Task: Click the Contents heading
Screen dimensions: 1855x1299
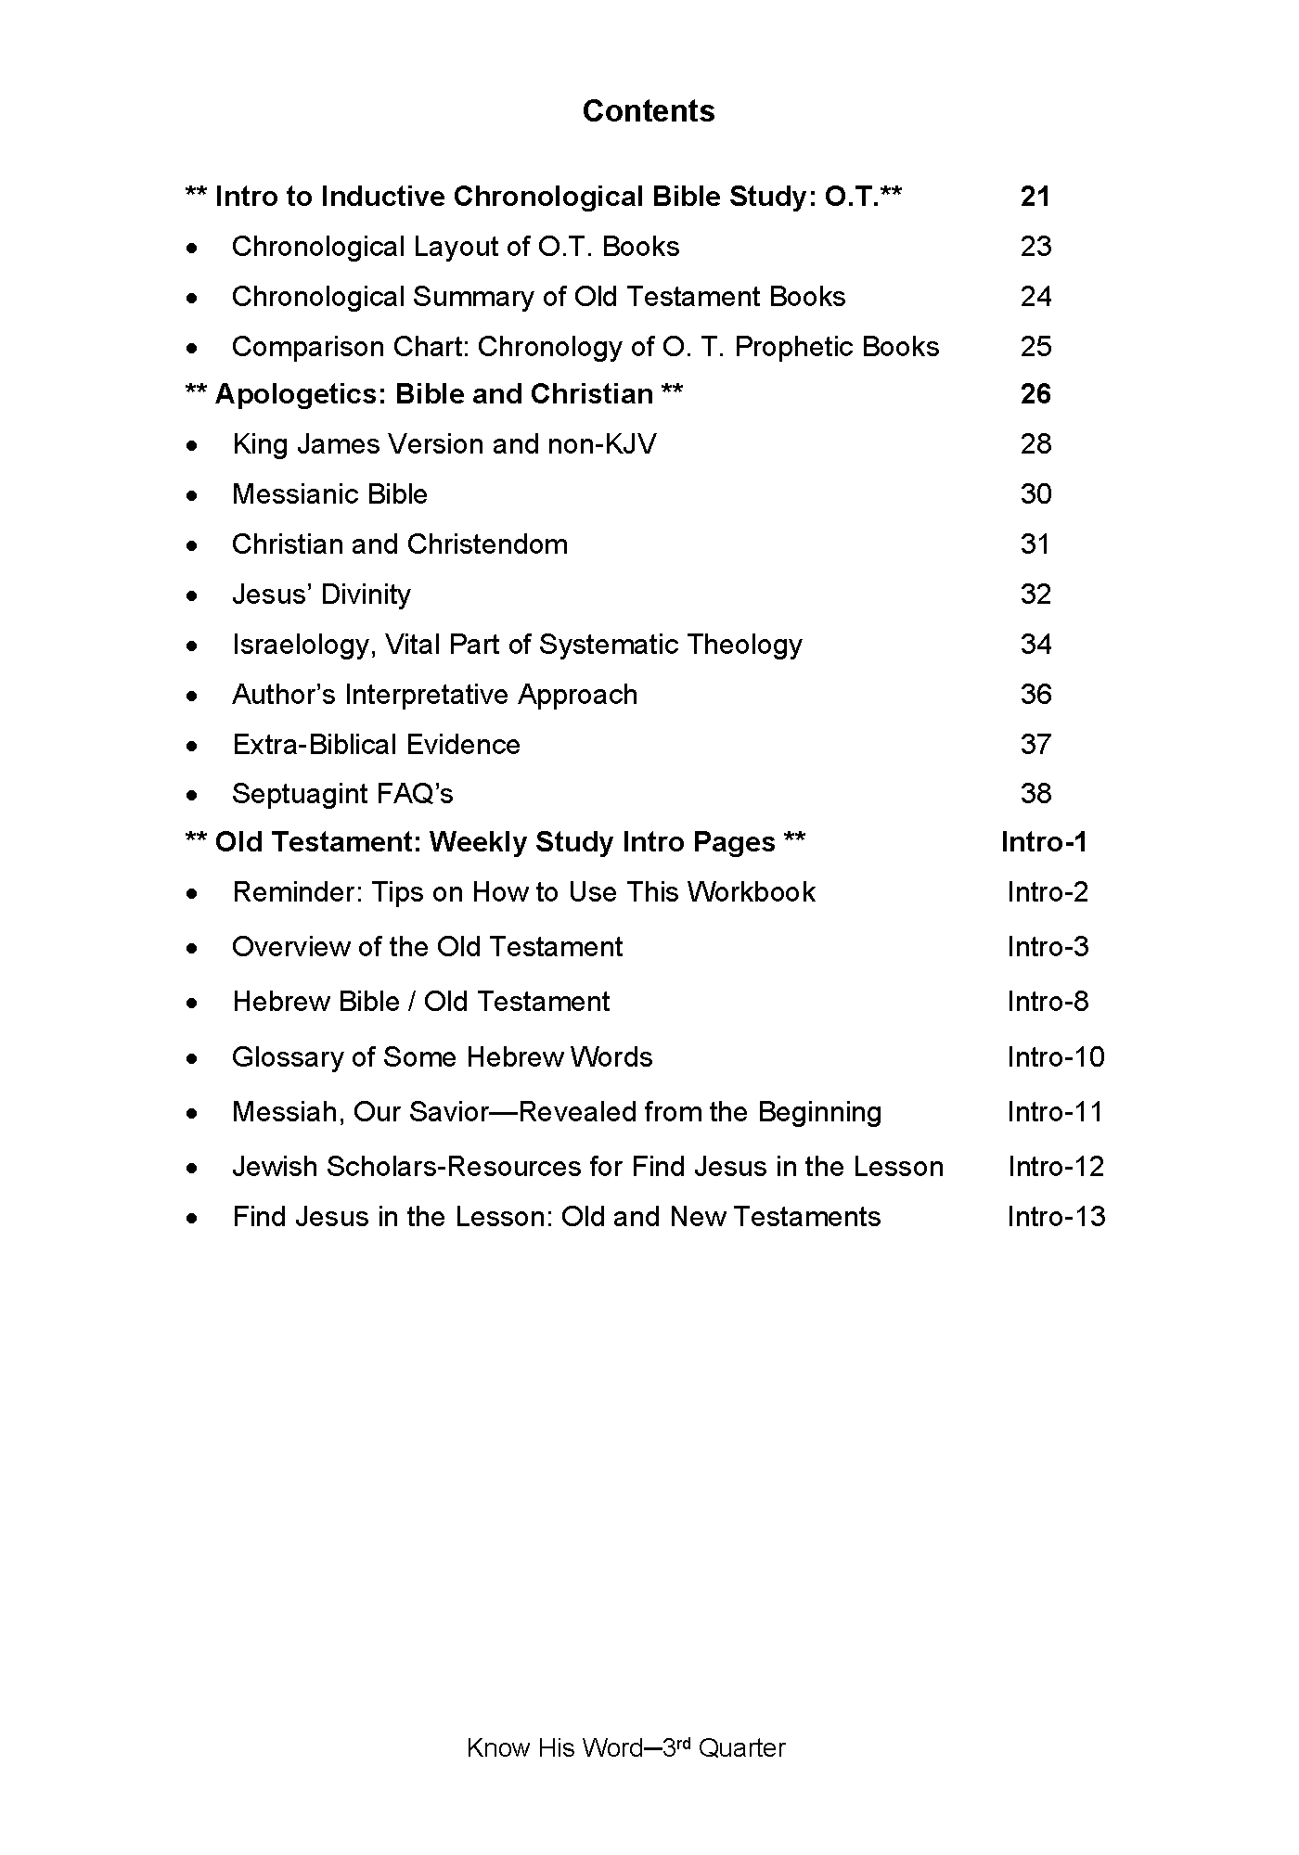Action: (x=649, y=111)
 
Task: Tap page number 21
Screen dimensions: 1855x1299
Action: (x=1035, y=197)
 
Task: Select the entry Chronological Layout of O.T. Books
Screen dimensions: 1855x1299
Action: (x=455, y=247)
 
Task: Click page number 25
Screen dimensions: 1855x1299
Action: (x=1035, y=347)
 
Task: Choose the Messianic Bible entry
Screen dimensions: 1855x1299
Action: (x=329, y=494)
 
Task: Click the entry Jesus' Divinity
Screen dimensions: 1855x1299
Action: (x=321, y=595)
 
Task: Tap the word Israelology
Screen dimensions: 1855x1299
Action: (x=301, y=645)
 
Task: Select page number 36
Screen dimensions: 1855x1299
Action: (x=1035, y=695)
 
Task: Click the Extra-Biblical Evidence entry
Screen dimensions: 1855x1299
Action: (x=376, y=745)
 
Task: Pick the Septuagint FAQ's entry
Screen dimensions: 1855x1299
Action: (x=342, y=794)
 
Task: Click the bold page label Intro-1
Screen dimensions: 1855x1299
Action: (x=1044, y=842)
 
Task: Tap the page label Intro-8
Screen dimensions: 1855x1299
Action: (x=1048, y=1002)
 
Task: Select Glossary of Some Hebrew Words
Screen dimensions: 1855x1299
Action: (x=442, y=1057)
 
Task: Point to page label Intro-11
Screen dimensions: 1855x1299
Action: (x=1055, y=1112)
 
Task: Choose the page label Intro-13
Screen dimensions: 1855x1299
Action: (x=1056, y=1217)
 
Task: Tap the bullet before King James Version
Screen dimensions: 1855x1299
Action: (x=192, y=446)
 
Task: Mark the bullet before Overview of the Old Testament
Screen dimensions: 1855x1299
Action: (x=192, y=949)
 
